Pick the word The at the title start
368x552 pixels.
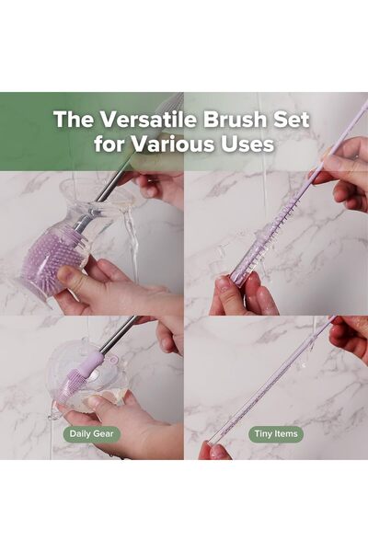point(70,120)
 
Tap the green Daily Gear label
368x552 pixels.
point(92,431)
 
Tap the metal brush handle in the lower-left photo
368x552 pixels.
point(120,336)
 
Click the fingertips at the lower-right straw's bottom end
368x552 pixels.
point(213,451)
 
